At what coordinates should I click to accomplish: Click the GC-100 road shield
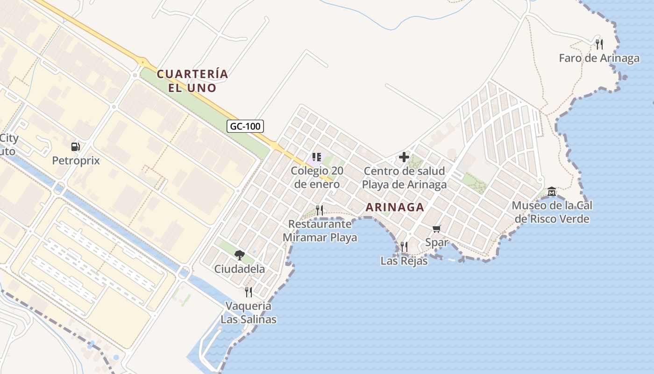click(x=246, y=126)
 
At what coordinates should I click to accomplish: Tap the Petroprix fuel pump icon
click(x=75, y=147)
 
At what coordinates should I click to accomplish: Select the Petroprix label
click(x=76, y=160)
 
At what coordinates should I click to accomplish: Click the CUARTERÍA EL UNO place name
click(x=192, y=81)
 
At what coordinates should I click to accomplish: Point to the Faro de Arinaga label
click(x=599, y=58)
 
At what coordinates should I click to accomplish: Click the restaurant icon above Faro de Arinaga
click(x=599, y=44)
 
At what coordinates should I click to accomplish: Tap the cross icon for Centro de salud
click(x=404, y=157)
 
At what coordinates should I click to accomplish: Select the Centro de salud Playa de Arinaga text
click(x=404, y=178)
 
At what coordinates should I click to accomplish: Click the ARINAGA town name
click(x=395, y=207)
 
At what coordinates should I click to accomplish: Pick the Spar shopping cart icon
click(x=437, y=229)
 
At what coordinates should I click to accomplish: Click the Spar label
click(x=437, y=242)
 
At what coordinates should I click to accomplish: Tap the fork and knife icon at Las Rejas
click(x=404, y=246)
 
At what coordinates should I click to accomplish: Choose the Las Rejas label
click(x=404, y=260)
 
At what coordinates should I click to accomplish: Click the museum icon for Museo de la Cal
click(x=552, y=192)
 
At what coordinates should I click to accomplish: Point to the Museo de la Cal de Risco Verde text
click(x=552, y=212)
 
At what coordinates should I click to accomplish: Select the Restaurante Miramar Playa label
click(x=320, y=231)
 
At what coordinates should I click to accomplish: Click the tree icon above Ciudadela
click(x=240, y=255)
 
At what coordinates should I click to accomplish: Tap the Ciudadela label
click(x=240, y=269)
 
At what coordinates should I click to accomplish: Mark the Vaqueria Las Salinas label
click(x=249, y=313)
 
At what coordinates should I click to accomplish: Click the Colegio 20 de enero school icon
click(x=317, y=157)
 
